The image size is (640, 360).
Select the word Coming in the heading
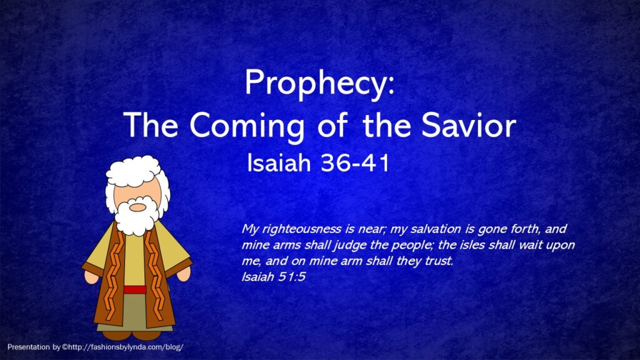pyautogui.click(x=246, y=126)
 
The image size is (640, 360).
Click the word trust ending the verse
pyautogui.click(x=438, y=261)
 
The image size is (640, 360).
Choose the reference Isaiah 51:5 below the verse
pyautogui.click(x=274, y=277)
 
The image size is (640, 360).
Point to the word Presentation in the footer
pyautogui.click(x=28, y=347)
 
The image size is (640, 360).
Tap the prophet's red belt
pyautogui.click(x=135, y=290)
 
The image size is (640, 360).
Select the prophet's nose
pyautogui.click(x=137, y=207)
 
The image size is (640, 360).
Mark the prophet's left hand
pyautogui.click(x=184, y=273)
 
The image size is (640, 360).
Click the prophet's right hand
pyautogui.click(x=91, y=276)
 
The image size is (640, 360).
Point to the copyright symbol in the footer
pyautogui.click(x=64, y=347)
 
